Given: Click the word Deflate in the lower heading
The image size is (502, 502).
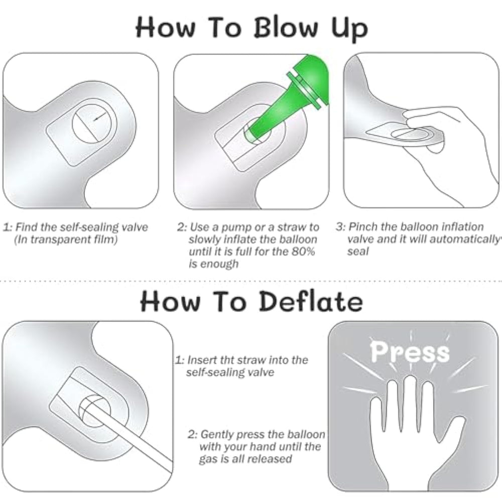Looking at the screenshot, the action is tap(311, 301).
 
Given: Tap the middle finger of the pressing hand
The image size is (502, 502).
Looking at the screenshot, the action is tap(410, 404).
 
